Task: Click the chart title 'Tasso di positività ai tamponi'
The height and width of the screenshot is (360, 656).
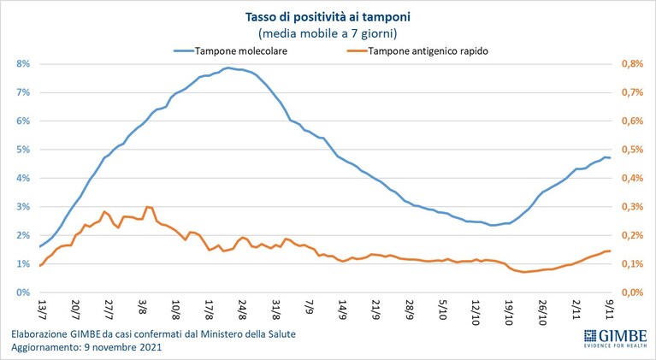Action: (x=328, y=17)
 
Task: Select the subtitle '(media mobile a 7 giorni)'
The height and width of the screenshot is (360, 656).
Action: (x=328, y=32)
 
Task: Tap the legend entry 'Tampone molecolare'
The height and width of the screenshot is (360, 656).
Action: (x=231, y=51)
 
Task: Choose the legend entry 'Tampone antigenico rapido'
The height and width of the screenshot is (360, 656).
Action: (x=417, y=51)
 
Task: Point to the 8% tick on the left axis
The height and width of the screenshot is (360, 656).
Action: (x=22, y=64)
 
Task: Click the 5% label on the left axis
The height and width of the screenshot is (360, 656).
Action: (x=22, y=150)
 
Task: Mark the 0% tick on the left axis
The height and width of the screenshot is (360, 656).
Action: (x=22, y=292)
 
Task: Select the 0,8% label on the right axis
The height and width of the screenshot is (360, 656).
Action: (x=632, y=64)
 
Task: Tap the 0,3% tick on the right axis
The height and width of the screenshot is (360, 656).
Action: (x=632, y=207)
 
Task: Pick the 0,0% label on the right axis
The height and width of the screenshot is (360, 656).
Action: (x=632, y=292)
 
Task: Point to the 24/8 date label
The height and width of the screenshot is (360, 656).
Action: (x=242, y=308)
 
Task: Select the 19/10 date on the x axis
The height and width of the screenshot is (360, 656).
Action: (x=509, y=310)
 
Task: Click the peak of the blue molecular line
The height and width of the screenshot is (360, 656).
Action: (x=228, y=68)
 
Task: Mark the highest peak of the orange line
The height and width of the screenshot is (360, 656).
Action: (x=147, y=207)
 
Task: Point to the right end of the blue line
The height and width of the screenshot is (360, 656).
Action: (x=610, y=157)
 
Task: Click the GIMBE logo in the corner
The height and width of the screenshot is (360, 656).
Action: (x=616, y=338)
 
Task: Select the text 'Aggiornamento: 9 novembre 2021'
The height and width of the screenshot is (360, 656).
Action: (x=86, y=347)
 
